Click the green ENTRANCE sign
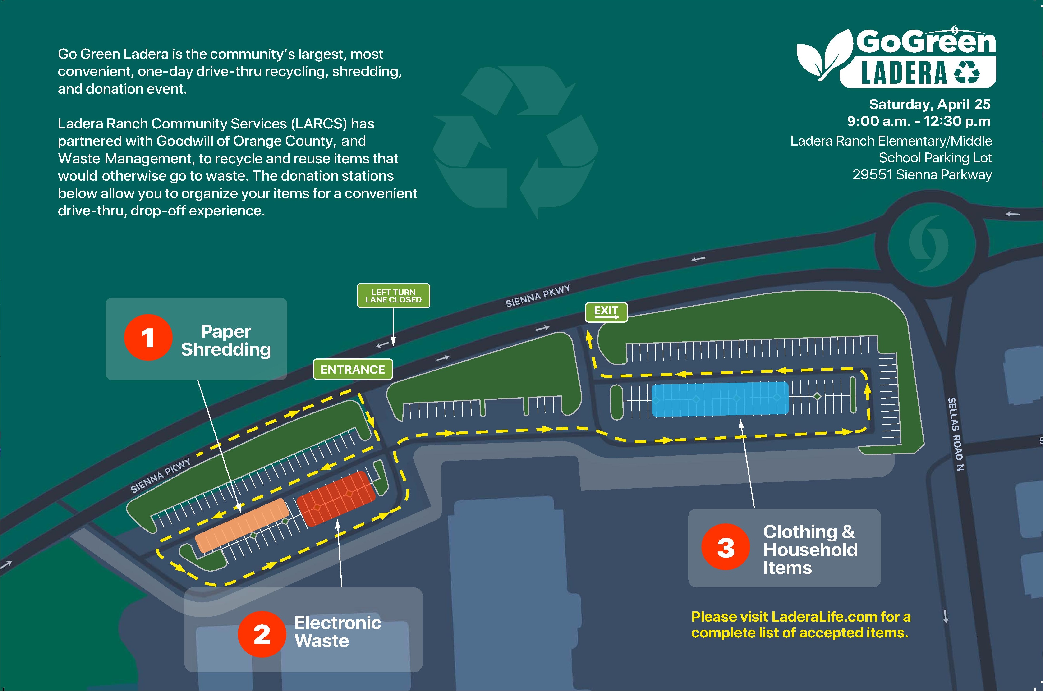[x=353, y=369]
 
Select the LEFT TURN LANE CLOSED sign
[x=393, y=296]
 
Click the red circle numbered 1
[x=148, y=338]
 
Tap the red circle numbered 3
[x=726, y=547]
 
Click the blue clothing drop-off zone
[x=720, y=399]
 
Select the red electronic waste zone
[x=336, y=499]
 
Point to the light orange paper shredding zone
[x=242, y=525]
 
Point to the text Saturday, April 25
[x=930, y=104]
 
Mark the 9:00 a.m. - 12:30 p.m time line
[x=919, y=121]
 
